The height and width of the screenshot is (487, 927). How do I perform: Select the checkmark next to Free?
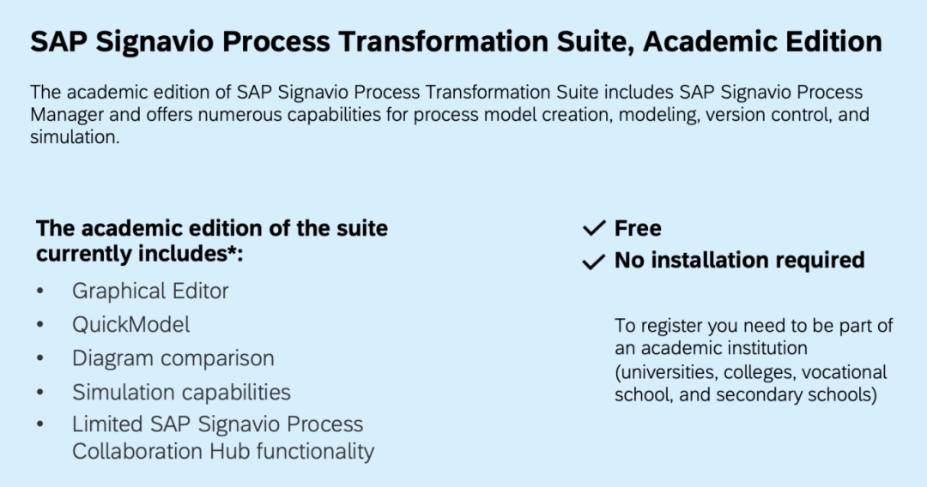point(594,228)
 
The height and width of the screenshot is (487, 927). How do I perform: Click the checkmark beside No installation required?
point(594,261)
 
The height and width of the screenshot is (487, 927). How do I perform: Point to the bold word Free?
point(638,228)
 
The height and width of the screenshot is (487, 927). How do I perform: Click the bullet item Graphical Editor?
point(150,291)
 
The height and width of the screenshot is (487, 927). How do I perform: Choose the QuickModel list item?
point(130,325)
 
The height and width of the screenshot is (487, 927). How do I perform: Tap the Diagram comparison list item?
point(173,358)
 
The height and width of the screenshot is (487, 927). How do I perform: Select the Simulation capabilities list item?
point(181,392)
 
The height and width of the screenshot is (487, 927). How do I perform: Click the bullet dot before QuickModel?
point(40,325)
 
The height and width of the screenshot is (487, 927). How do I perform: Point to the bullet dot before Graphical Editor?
point(40,291)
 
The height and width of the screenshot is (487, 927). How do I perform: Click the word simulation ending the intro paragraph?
point(75,137)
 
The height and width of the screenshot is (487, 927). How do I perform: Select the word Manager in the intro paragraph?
point(68,115)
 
